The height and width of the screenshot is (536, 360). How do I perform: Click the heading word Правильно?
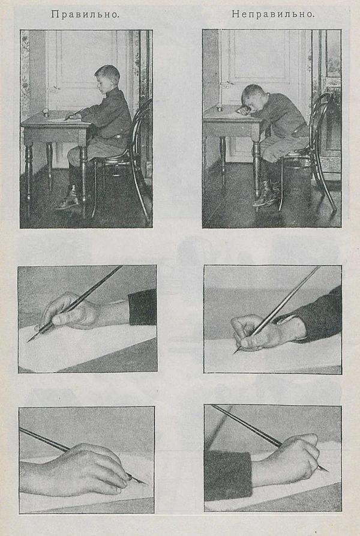[85, 14]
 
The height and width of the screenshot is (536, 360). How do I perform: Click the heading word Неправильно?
[273, 14]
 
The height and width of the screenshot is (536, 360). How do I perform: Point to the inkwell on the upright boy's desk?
[46, 112]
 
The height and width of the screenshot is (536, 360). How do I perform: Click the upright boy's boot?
[71, 197]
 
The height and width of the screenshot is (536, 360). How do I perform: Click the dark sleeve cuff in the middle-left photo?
[143, 308]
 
